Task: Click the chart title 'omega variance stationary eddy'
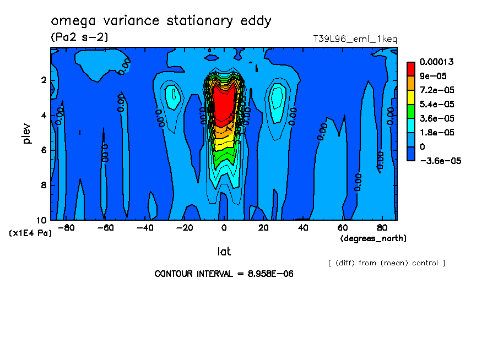tap(161, 21)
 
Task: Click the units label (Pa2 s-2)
tap(79, 37)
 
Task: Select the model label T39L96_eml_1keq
tap(355, 39)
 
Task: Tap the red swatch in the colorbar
tap(410, 68)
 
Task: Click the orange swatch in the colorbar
tap(410, 83)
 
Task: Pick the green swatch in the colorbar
tap(410, 111)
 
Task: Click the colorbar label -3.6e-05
tap(440, 161)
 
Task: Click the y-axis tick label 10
tap(44, 220)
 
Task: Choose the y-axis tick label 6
tap(44, 150)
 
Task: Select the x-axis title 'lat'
tap(224, 252)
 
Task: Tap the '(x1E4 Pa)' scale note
tap(31, 233)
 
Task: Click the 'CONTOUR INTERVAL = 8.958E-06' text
tap(224, 274)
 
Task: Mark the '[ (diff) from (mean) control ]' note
tap(386, 263)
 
